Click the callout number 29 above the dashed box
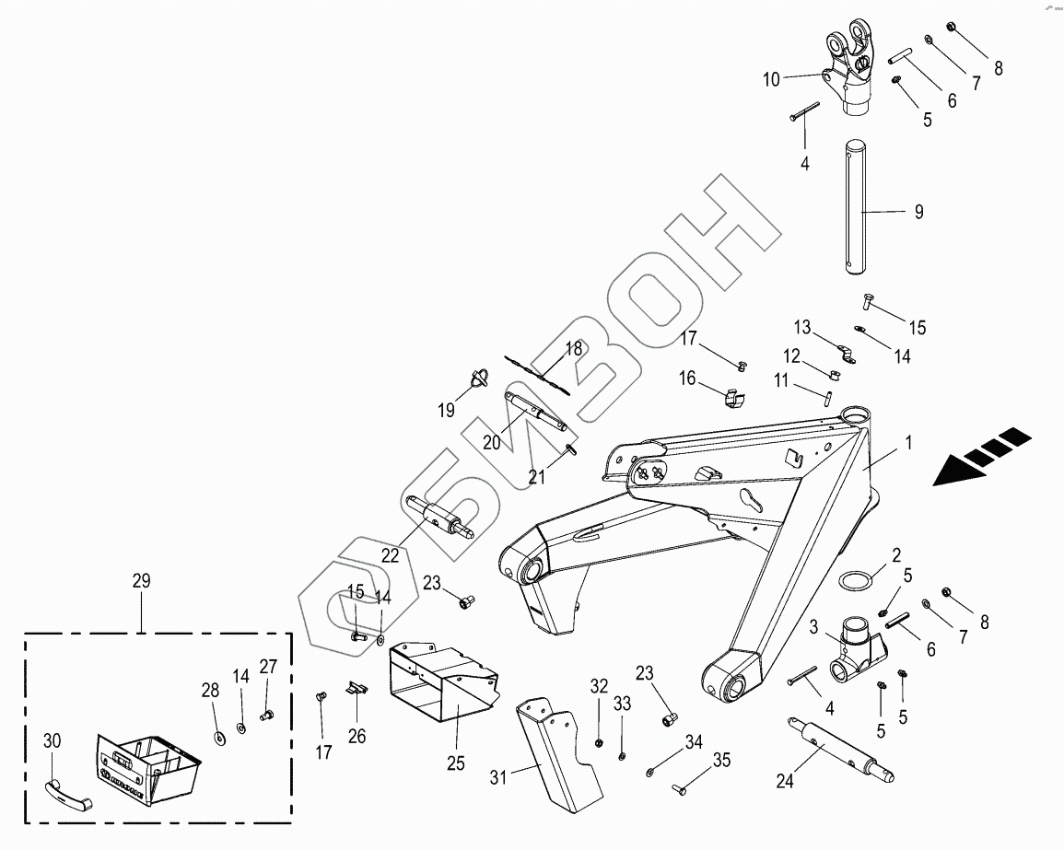(141, 581)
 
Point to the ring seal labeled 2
(854, 582)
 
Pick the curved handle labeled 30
(66, 789)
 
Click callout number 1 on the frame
(908, 443)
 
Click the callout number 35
(721, 761)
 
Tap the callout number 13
(802, 327)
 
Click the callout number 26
(357, 736)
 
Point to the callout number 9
(918, 212)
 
